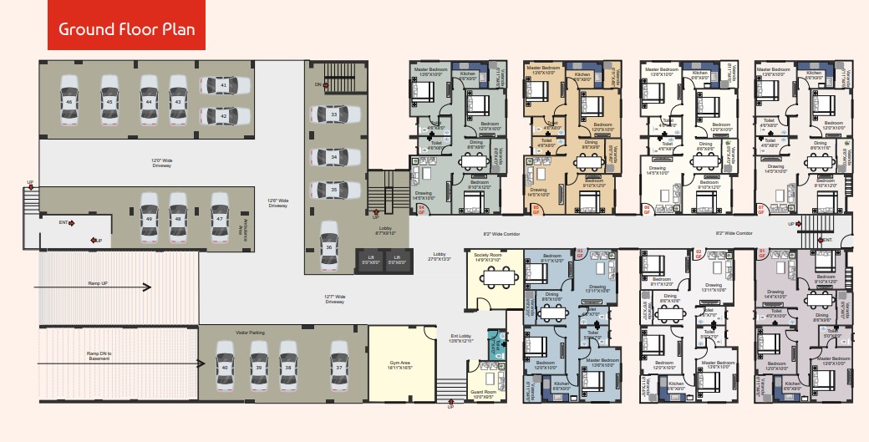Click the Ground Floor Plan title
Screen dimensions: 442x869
[127, 29]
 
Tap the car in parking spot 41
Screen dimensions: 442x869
[223, 85]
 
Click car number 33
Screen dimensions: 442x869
[333, 114]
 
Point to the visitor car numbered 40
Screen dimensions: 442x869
[224, 367]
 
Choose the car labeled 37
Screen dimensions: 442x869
[339, 367]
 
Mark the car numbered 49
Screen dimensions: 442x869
[149, 218]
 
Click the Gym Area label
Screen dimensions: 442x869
[402, 365]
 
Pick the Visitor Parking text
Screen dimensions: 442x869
[250, 333]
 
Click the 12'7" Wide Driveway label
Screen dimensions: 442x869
[334, 299]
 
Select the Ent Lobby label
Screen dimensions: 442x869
[462, 338]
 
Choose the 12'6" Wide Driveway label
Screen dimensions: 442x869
[278, 203]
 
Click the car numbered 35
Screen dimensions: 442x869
[333, 190]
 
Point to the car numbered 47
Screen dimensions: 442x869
[220, 218]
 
